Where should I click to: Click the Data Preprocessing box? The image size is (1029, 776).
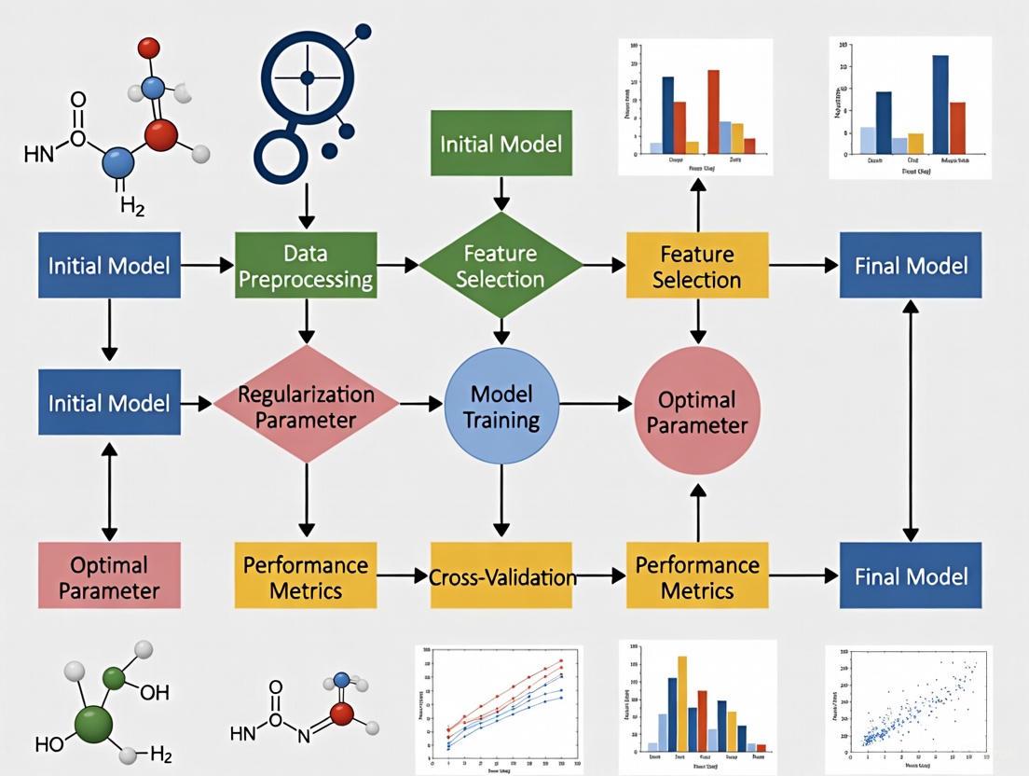point(307,265)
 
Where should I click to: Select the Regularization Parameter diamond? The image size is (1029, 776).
point(306,405)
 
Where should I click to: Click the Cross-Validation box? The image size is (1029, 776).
point(502,576)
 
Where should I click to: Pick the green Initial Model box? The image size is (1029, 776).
point(501,144)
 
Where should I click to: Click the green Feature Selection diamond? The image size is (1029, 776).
point(501,265)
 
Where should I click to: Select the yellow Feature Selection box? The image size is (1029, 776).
point(697,265)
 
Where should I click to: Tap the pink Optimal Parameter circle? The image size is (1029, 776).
point(697,411)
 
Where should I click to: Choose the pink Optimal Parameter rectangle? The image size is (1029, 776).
point(109,576)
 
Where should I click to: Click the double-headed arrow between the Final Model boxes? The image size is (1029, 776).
point(911,420)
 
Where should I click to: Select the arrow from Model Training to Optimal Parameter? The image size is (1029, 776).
point(596,404)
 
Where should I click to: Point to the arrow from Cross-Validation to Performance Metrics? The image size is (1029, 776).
point(601,576)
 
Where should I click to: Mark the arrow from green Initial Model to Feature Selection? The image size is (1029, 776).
point(501,193)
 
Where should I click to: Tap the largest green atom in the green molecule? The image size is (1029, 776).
point(91,724)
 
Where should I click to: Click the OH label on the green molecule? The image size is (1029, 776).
point(155,693)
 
